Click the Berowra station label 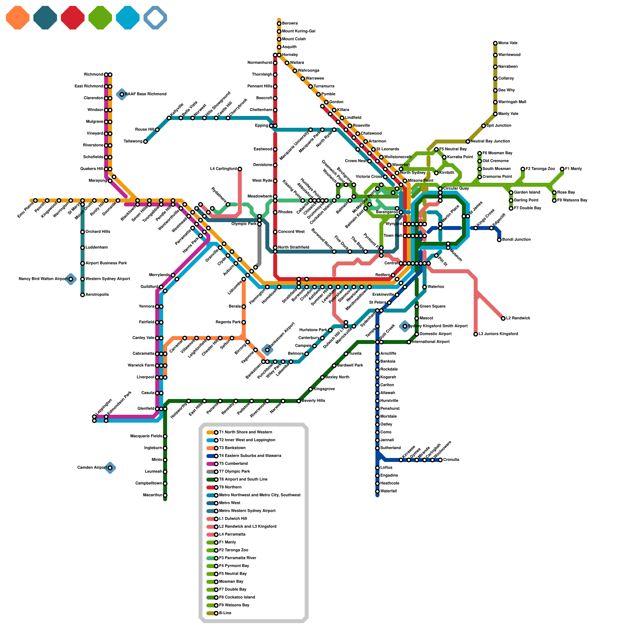point(290,24)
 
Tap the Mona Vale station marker point(495,43)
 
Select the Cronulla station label point(451,460)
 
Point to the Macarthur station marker point(165,495)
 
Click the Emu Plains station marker point(35,200)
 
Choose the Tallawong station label point(133,142)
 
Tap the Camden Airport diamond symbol point(110,468)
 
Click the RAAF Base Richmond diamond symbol point(122,94)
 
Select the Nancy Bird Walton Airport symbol point(71,279)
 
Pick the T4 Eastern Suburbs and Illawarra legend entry point(250,456)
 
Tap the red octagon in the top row point(73,18)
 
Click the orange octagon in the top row point(18,18)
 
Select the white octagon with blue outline point(155,18)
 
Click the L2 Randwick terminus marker point(503,318)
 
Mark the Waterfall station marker point(377,491)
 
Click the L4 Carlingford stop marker point(240,169)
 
